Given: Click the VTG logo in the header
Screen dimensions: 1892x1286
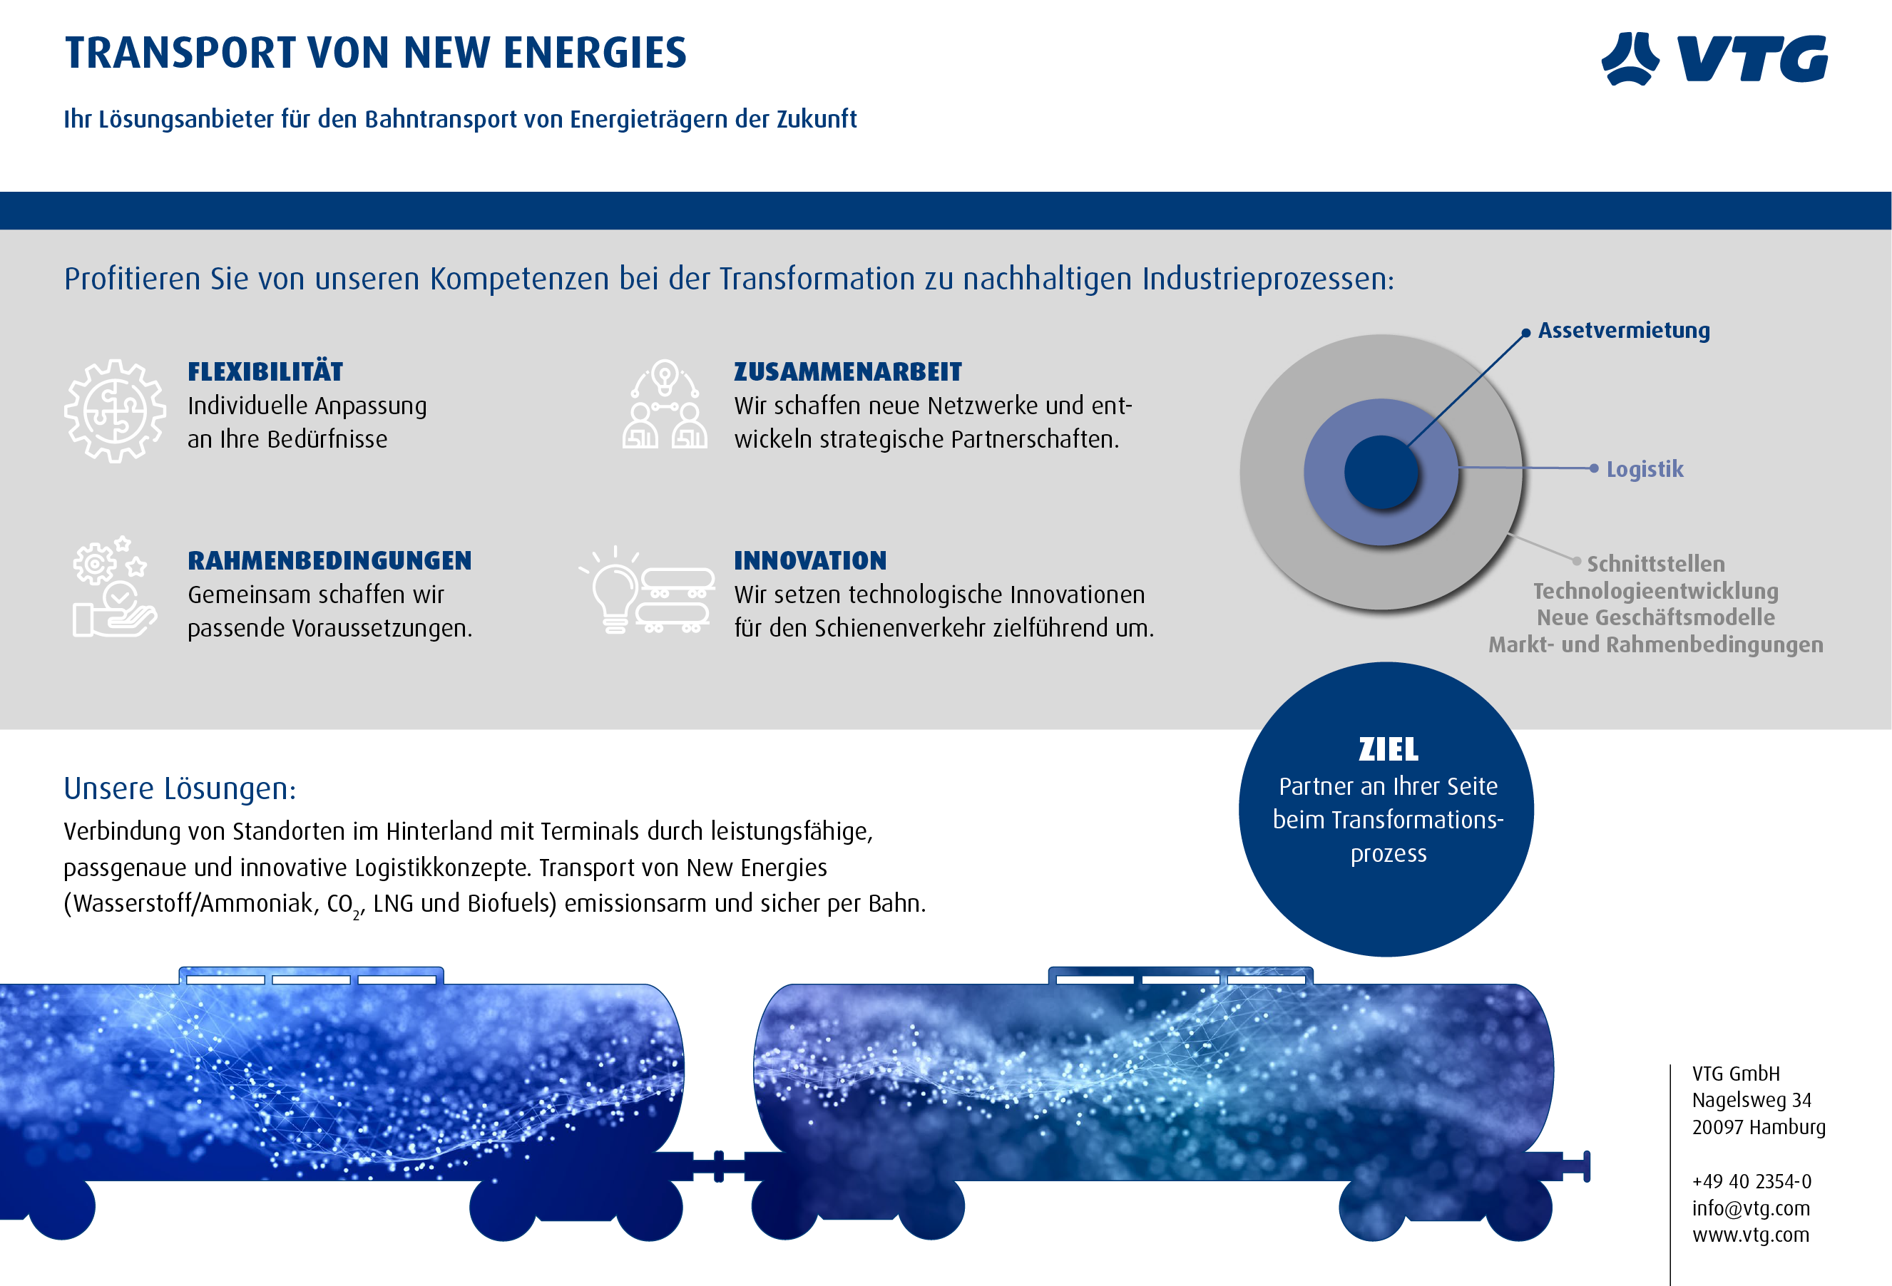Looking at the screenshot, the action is (x=1714, y=58).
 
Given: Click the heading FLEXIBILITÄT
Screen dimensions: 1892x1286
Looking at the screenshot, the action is (x=265, y=372).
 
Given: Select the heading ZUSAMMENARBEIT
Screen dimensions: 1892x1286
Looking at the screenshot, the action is (x=847, y=372).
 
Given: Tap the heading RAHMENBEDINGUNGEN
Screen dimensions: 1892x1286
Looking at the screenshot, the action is (x=329, y=561).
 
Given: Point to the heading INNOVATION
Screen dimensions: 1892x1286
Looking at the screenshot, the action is (x=810, y=561).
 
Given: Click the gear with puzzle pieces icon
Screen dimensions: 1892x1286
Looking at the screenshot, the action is (x=115, y=411).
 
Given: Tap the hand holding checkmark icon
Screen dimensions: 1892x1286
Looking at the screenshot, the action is (x=114, y=586).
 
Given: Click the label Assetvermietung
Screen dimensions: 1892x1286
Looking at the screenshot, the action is (x=1623, y=331).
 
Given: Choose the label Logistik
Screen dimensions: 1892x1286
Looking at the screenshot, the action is (x=1645, y=469).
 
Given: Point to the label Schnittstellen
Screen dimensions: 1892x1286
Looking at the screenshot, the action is (x=1655, y=563).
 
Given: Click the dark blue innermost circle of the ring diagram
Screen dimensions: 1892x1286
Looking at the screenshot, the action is (x=1381, y=472).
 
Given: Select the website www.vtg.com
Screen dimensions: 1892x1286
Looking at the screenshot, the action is (x=1750, y=1235).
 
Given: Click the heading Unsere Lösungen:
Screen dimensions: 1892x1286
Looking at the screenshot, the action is (x=180, y=788).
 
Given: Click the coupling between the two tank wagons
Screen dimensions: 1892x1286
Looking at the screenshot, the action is (x=719, y=1166).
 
